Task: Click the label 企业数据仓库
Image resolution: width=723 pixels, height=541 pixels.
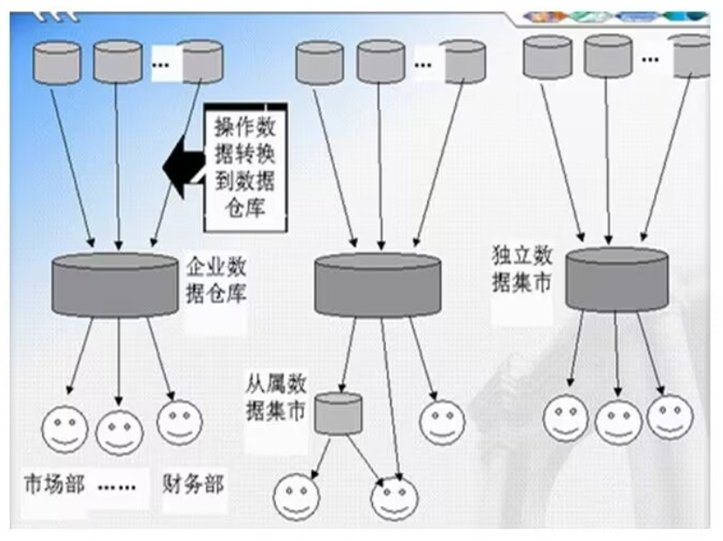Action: (x=217, y=277)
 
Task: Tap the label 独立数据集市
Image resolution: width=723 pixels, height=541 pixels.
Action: (x=521, y=270)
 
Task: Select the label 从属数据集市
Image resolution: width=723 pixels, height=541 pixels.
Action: (x=275, y=396)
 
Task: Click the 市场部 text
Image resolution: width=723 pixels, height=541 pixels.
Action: (x=54, y=483)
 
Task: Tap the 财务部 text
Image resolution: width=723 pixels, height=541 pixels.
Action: (x=192, y=483)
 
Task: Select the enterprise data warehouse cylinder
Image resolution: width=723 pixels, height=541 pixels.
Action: (x=115, y=284)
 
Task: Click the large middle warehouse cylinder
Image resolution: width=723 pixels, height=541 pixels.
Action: (x=377, y=285)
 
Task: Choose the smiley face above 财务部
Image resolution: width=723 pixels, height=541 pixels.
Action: (x=179, y=421)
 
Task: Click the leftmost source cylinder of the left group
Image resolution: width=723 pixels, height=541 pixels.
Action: (x=57, y=62)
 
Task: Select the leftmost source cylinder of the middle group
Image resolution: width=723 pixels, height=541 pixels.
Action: (x=320, y=62)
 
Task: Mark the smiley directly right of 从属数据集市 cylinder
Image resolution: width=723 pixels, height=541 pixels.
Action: (x=442, y=422)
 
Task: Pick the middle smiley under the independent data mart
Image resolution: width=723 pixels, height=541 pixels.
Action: (x=618, y=422)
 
